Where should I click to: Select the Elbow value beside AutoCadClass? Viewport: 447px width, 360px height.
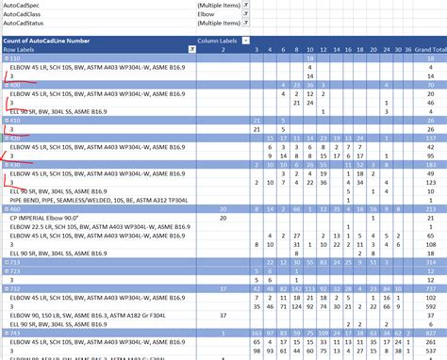207,16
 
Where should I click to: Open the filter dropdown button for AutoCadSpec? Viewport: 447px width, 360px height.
246,6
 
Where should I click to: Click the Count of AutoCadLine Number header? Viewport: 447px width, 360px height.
47,40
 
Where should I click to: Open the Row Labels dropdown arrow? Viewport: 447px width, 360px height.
191,49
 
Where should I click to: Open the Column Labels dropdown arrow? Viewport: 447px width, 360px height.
246,40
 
